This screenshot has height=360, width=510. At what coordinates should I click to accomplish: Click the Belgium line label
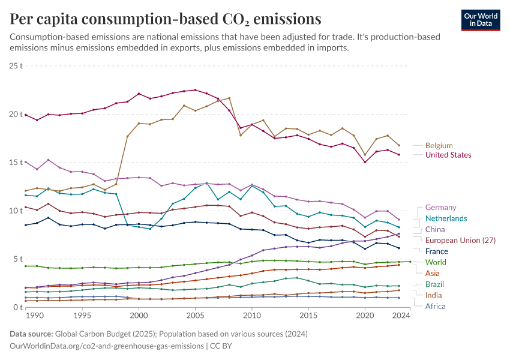coord(439,146)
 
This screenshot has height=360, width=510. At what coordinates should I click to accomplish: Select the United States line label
coord(448,155)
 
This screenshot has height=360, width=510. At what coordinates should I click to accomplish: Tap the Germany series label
coord(440,208)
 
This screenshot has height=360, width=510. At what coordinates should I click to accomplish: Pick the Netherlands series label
coord(446,218)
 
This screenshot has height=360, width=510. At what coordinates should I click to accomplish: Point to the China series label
coord(435,229)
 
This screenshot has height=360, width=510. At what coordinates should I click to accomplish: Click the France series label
coord(437,251)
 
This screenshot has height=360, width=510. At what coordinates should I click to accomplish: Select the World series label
coord(435,262)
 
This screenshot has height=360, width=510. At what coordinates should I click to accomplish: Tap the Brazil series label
coord(435,284)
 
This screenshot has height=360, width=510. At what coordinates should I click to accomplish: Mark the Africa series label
coord(435,306)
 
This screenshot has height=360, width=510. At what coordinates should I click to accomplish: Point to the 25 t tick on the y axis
coord(16,65)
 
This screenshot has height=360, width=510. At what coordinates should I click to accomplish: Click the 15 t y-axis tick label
coord(16,163)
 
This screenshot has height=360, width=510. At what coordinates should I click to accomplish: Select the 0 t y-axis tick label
coord(18,307)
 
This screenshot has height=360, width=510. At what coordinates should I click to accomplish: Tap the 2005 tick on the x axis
coord(195,316)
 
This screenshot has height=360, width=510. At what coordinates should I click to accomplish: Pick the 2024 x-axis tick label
coord(401,316)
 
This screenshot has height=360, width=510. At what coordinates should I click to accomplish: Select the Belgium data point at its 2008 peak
coord(229,98)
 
